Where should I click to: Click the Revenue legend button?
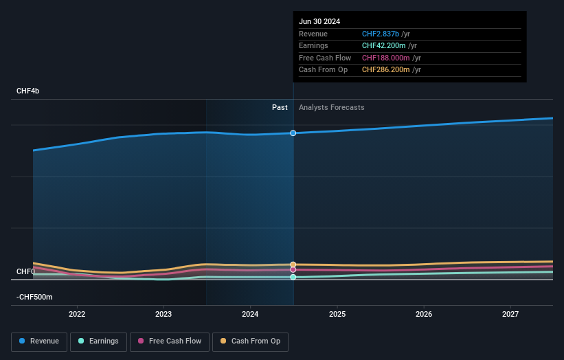(40, 341)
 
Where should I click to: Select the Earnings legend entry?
(98, 341)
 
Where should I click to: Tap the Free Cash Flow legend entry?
(170, 341)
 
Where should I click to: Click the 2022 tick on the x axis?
(77, 315)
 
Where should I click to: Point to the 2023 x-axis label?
(163, 315)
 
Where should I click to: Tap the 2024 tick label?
(250, 315)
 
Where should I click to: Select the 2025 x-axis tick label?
(337, 315)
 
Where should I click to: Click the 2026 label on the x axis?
(424, 315)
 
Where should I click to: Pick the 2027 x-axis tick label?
(510, 315)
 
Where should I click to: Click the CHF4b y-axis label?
(28, 91)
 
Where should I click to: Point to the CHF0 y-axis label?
(25, 271)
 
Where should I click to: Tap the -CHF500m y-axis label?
(35, 297)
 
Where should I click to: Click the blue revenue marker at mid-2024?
(293, 133)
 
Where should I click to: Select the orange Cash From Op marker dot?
(293, 265)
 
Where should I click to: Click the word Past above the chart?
(280, 107)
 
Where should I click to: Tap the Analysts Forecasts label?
(331, 107)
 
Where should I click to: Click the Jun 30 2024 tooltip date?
(319, 21)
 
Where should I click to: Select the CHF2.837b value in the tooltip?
(385, 34)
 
